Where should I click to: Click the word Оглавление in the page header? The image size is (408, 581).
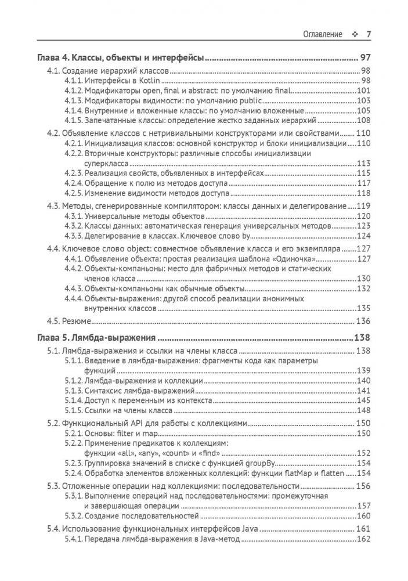click(323, 34)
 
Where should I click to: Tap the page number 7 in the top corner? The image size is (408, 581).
click(369, 34)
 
